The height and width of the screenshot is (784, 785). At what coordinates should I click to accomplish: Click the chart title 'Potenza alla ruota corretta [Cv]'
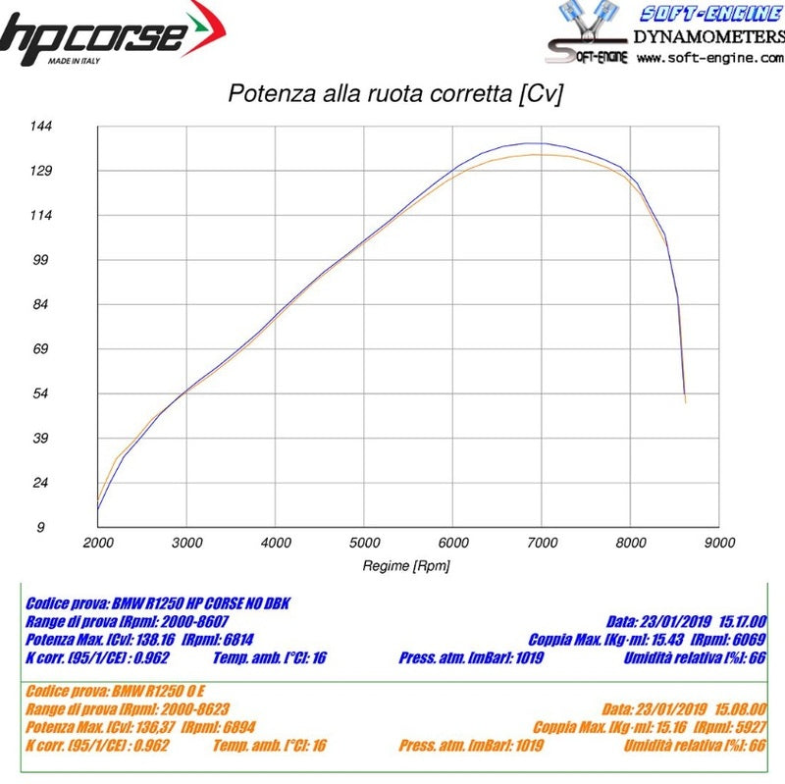click(394, 94)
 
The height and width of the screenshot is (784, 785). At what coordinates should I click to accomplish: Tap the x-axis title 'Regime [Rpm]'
click(406, 565)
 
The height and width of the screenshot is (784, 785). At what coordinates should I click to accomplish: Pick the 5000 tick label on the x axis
click(365, 543)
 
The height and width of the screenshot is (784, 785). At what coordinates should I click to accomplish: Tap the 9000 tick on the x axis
click(719, 543)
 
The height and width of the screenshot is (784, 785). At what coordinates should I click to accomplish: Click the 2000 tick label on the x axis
click(99, 543)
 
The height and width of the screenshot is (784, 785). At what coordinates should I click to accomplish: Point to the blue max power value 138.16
click(155, 638)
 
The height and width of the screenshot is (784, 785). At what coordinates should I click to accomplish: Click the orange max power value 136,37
click(155, 727)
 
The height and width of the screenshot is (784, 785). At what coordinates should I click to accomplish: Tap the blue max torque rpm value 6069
click(750, 638)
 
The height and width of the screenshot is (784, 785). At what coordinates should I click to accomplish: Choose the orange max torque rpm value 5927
click(750, 727)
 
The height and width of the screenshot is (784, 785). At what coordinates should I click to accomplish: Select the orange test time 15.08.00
click(743, 708)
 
